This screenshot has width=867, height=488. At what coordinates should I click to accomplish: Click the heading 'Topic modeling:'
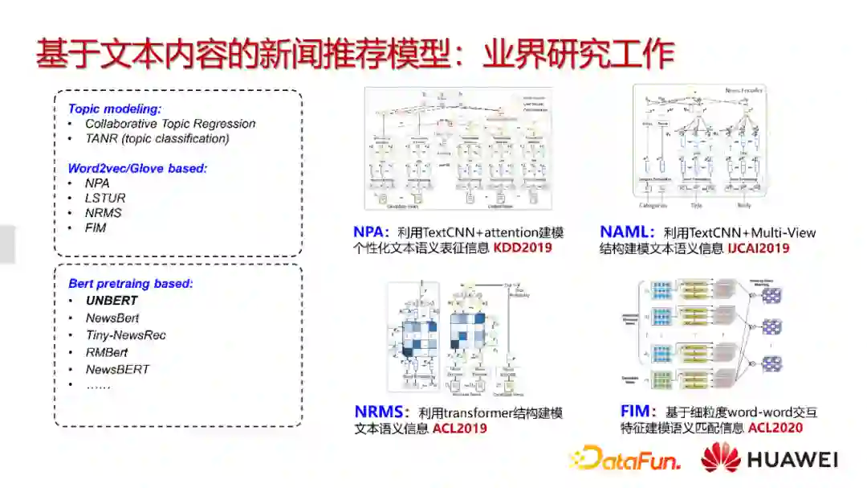115,109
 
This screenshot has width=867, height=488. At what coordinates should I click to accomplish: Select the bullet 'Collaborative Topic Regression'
170,124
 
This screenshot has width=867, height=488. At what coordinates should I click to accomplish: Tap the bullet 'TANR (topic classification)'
157,138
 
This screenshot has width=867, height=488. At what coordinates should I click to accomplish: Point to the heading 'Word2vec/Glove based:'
137,168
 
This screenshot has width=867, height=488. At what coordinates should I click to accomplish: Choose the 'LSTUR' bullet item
105,198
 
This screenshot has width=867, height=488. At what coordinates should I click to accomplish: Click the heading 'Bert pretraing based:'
131,283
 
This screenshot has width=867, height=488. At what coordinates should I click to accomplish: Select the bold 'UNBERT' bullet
112,301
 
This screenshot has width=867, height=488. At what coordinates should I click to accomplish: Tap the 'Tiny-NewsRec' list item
126,335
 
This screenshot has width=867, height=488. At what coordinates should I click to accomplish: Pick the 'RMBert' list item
107,352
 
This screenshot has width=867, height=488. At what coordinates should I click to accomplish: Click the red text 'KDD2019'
523,248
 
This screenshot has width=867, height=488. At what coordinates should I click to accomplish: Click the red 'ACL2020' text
775,428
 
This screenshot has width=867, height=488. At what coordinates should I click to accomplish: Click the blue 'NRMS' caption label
381,412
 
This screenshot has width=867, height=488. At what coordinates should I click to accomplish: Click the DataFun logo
625,459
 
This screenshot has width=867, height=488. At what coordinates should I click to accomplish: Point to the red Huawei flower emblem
720,457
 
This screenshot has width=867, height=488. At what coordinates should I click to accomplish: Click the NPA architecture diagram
458,150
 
